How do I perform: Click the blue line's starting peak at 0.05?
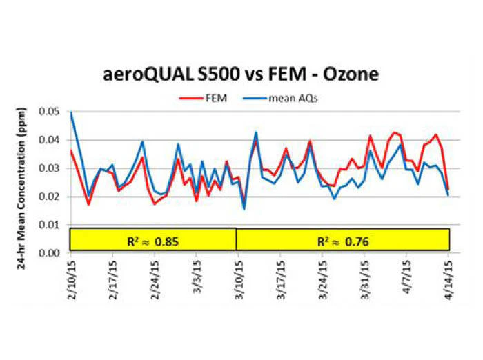coord(71,112)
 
